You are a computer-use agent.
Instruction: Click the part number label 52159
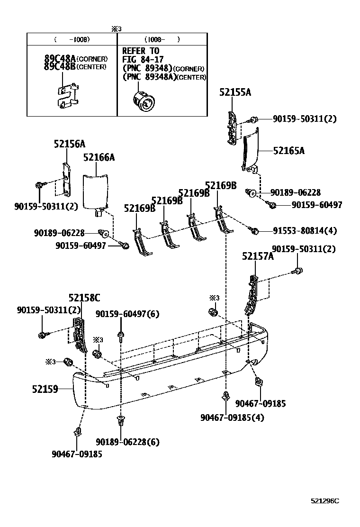point(45,389)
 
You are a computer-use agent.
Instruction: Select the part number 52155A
point(235,92)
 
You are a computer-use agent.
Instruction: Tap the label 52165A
point(288,151)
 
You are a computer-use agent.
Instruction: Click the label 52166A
point(99,157)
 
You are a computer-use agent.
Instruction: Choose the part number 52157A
point(258,256)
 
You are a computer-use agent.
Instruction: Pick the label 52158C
point(84,298)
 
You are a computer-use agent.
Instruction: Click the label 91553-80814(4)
point(305,231)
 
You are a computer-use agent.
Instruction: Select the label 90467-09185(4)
point(232,418)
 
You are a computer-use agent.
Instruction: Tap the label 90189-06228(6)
point(127,442)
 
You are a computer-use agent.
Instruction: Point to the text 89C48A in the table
point(60,59)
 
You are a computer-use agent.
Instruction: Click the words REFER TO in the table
point(141,51)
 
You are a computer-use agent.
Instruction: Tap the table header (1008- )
point(162,39)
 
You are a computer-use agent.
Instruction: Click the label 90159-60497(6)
point(127,314)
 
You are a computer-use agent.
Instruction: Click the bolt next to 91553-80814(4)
point(254,231)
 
